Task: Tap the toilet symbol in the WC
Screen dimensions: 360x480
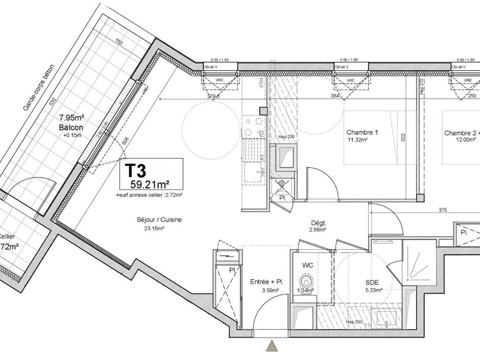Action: click(x=305, y=281)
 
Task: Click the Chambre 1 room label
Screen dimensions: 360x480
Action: click(x=362, y=133)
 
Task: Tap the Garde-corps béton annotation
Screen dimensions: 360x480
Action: click(x=39, y=88)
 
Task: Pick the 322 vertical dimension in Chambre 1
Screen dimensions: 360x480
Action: click(x=403, y=138)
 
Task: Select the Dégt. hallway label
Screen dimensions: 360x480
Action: click(x=319, y=223)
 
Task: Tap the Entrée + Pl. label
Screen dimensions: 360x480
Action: click(x=267, y=282)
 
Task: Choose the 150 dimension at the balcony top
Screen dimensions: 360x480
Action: click(x=118, y=43)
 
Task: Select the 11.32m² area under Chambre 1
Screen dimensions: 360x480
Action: click(x=358, y=139)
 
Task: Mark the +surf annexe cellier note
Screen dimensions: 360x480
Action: click(x=149, y=195)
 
